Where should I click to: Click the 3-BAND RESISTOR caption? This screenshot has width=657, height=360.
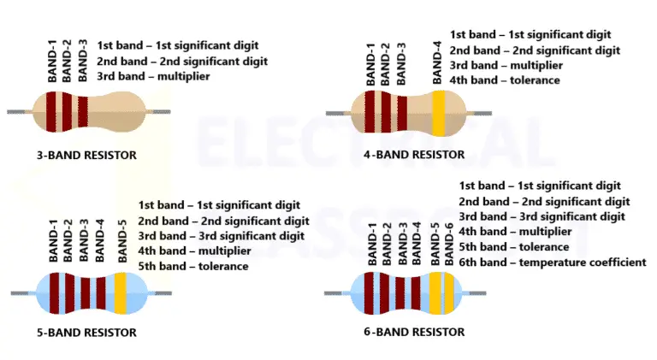coord(86,156)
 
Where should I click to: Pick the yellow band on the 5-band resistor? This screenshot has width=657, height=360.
coord(120,292)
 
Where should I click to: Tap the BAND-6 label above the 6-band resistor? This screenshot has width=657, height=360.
coord(449,244)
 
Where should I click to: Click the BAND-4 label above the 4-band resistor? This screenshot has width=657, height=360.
coord(438,62)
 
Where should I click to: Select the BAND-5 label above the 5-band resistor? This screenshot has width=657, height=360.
coord(122,242)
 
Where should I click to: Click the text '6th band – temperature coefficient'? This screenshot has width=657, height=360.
coord(553,263)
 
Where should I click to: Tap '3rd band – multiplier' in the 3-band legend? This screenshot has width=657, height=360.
coord(153,77)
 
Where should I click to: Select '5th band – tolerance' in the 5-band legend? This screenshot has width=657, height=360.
coord(193,266)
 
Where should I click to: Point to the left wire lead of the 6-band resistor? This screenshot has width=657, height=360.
coord(337,293)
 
